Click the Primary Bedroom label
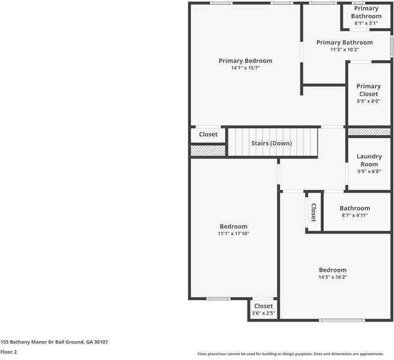pos(245,61)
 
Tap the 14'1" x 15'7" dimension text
pos(245,68)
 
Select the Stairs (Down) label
pos(271,143)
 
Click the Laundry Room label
pos(369,160)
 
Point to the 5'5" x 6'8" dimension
pos(369,172)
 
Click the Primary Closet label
pos(368,90)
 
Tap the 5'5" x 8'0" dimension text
pos(368,101)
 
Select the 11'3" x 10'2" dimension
pos(344,50)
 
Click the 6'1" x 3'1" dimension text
pos(366,23)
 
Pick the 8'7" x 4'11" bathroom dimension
pos(354,215)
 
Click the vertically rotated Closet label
pos(313,212)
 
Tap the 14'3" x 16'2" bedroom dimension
pos(332,277)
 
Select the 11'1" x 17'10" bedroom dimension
pos(232,233)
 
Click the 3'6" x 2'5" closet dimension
pos(263,313)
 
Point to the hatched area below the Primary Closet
pos(369,131)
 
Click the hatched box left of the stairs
pos(208,150)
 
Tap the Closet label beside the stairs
pos(208,134)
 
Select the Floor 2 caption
pos(8,352)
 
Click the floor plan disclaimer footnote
pos(294,354)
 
